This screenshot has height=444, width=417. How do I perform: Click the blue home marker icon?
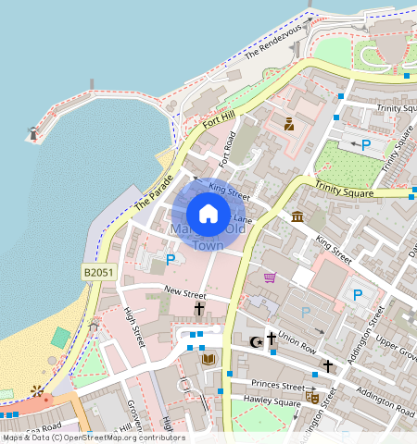click(208, 214)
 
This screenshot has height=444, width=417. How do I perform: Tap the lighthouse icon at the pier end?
click(34, 133)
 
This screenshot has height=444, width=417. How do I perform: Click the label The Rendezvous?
click(272, 42)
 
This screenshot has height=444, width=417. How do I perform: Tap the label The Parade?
click(153, 191)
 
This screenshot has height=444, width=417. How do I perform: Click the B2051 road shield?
click(99, 273)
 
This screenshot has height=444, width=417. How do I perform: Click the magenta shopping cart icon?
click(270, 277)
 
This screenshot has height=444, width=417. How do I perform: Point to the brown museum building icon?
click(297, 216)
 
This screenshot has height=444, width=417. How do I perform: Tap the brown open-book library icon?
click(208, 358)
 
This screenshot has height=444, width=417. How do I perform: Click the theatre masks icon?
click(312, 396)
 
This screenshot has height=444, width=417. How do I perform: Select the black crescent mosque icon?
click(257, 341)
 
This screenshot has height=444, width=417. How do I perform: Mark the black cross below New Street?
click(198, 308)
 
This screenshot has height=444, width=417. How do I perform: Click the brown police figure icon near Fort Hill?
click(289, 124)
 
